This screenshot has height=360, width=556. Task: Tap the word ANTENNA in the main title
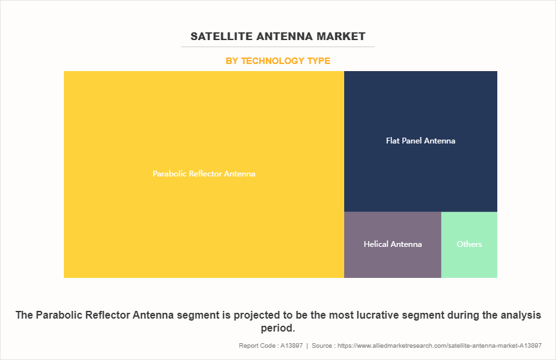(x=284, y=36)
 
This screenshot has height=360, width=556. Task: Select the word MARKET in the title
(x=341, y=36)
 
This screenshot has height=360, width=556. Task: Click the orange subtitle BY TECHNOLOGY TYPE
(x=278, y=61)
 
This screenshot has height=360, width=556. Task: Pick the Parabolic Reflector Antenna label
(x=204, y=174)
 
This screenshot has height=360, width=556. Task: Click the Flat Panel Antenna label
(x=420, y=141)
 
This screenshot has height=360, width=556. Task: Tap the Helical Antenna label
(x=393, y=244)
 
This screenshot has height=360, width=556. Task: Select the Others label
(x=469, y=244)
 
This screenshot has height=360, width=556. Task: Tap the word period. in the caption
(x=278, y=328)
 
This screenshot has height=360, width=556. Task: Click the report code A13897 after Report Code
(x=291, y=345)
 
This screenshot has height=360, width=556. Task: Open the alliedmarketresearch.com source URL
(x=439, y=345)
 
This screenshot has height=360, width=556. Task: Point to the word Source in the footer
(x=322, y=345)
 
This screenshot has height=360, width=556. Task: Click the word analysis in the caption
(x=520, y=315)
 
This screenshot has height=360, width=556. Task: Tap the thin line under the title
(x=278, y=47)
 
